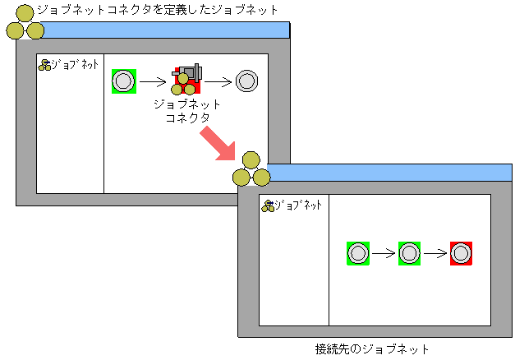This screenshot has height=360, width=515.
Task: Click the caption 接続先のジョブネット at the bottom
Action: tap(372, 349)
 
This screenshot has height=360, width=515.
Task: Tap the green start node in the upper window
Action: tap(123, 81)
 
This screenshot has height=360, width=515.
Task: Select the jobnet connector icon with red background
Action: tap(186, 80)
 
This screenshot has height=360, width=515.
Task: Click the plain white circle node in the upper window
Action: tap(246, 81)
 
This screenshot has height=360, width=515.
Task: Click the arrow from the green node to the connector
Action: tap(153, 81)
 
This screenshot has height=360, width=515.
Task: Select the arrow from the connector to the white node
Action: tap(217, 81)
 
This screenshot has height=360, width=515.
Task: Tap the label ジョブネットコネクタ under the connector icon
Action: tap(187, 111)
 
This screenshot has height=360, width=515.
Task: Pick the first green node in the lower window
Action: tap(357, 253)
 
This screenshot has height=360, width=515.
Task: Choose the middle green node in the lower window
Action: tap(409, 253)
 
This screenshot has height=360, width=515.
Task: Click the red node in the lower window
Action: tap(461, 253)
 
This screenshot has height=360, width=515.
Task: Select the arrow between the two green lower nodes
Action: tap(383, 253)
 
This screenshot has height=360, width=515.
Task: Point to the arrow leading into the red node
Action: tap(435, 253)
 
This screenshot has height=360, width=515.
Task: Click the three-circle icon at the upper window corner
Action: tap(25, 24)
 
